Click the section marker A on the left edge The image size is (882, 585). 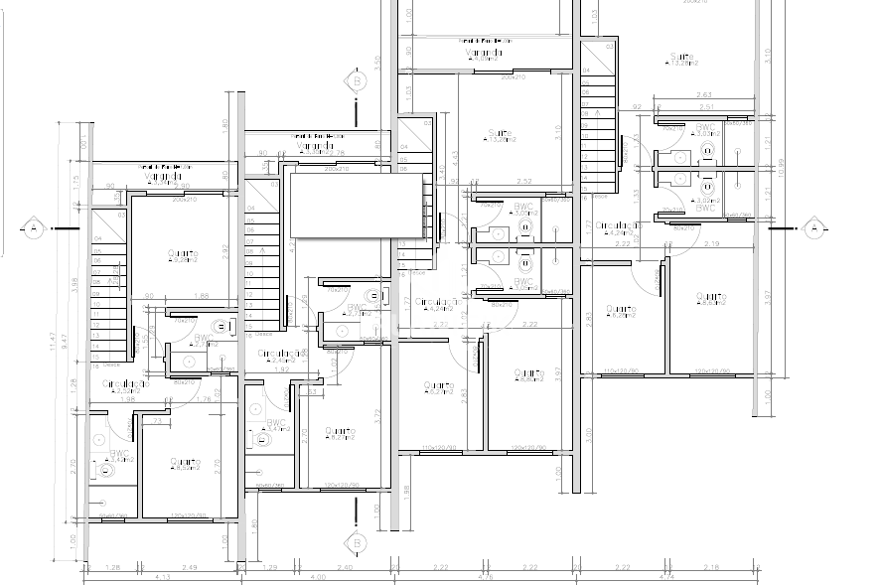33,228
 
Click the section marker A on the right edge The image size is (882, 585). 813,228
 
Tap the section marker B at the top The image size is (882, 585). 356,78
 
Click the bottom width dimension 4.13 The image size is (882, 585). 165,576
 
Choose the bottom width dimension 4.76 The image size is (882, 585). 486,576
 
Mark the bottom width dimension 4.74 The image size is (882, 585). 666,576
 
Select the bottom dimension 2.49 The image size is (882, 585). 189,567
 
